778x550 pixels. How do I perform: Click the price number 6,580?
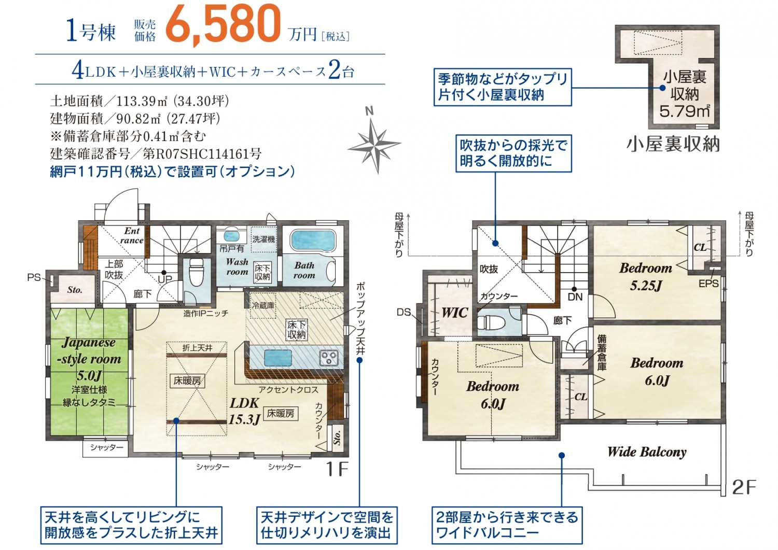[x=223, y=25]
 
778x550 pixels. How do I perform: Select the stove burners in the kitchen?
[x=328, y=358]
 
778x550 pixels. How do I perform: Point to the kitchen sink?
[x=278, y=358]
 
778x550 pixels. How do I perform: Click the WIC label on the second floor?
[x=455, y=313]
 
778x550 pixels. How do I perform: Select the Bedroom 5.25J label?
[x=646, y=277]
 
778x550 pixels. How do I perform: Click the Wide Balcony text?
[x=647, y=452]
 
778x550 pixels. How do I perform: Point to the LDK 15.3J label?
[x=244, y=411]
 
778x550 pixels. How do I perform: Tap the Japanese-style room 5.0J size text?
[x=89, y=375]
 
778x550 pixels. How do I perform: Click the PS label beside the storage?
[x=34, y=277]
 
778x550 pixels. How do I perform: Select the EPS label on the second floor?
[x=708, y=284]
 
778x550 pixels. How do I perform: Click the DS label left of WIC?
[x=404, y=313]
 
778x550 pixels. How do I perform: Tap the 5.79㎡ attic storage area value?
[x=685, y=111]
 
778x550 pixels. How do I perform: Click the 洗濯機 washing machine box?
[x=264, y=239]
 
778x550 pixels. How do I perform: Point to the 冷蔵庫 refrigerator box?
[x=263, y=305]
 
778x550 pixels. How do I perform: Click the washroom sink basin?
[x=231, y=236]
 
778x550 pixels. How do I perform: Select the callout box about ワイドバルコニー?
[x=507, y=525]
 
